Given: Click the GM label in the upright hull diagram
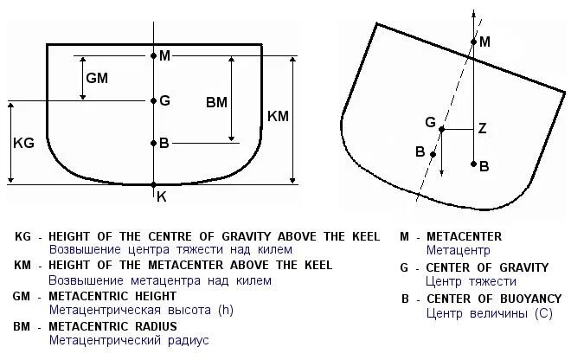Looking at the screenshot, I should tap(97, 78).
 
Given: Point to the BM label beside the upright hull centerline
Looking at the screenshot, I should tap(216, 101).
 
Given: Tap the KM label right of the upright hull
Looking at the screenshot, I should tap(279, 115).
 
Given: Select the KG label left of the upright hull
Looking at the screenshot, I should tap(23, 144).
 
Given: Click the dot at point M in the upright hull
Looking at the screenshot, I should tap(153, 56).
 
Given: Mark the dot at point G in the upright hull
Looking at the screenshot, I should tap(153, 100).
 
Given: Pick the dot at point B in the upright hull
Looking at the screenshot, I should tap(153, 144).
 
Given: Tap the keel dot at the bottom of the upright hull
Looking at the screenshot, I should tap(153, 184).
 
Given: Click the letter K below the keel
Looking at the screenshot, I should tap(161, 196).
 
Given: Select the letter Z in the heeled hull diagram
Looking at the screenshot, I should tap(482, 129).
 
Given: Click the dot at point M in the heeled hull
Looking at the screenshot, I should tap(473, 42).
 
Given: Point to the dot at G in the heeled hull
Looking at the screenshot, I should tap(441, 130).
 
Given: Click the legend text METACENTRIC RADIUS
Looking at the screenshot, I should tap(112, 326).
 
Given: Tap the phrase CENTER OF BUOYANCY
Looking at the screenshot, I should tap(493, 299).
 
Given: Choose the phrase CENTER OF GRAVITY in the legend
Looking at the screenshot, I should tap(487, 267).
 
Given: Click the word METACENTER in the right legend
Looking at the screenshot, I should tap(463, 236).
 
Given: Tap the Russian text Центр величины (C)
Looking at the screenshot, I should tap(489, 312).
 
